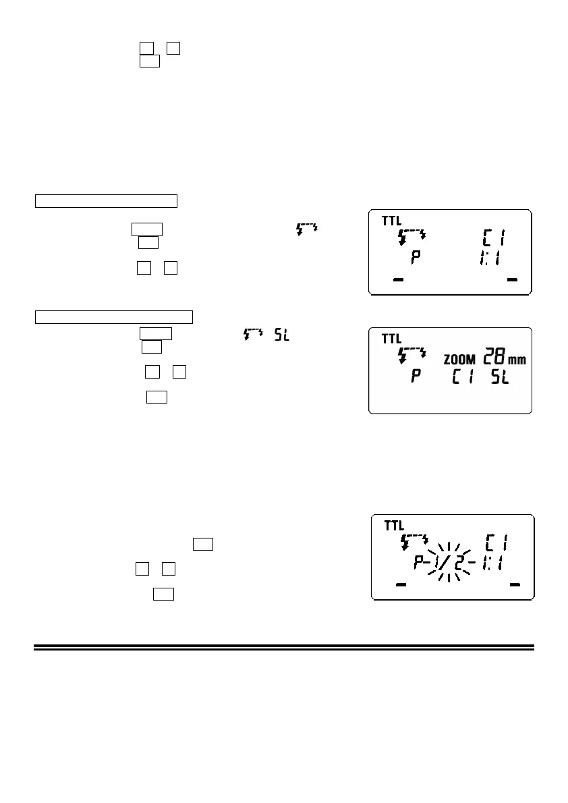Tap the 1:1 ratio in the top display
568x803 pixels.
click(488, 259)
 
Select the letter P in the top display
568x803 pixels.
click(416, 259)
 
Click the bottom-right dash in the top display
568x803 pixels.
click(511, 279)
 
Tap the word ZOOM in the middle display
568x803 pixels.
click(459, 360)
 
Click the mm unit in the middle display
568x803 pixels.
click(517, 360)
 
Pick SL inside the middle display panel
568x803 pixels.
click(500, 377)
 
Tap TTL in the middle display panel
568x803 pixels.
click(392, 339)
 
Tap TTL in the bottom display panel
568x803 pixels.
click(394, 526)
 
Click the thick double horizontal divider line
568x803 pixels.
click(283, 647)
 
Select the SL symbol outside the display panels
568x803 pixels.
click(282, 334)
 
